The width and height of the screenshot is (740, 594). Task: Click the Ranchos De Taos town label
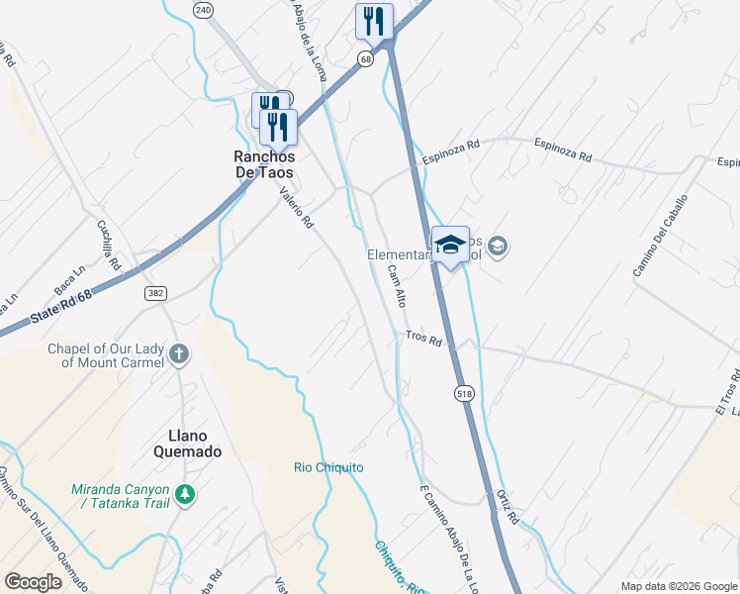pos(263,164)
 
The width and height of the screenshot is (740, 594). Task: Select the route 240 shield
pos(203,10)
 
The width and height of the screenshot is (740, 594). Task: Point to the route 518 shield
pos(464,394)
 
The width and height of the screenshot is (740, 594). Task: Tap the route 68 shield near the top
pos(366,60)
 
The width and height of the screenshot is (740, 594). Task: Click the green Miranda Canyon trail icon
pos(183,493)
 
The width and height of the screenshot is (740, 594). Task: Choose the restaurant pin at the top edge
pos(374,20)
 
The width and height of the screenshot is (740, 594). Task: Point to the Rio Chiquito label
pos(328,467)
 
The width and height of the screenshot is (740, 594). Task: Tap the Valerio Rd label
pos(296,209)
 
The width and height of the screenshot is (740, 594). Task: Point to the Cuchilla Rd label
pos(107,244)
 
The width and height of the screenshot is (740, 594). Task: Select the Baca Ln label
pos(70,265)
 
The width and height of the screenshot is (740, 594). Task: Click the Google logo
pos(34,582)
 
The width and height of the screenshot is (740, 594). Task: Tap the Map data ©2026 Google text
pos(678,586)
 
